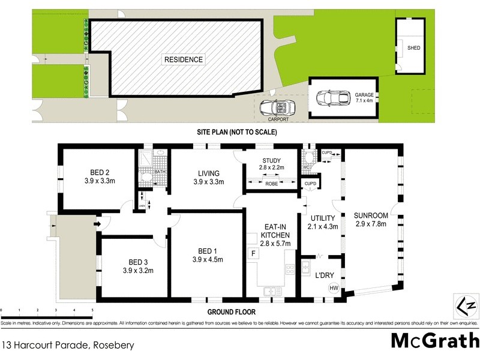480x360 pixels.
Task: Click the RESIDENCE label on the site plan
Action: pyautogui.click(x=184, y=59)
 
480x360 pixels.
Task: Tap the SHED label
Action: pyautogui.click(x=413, y=47)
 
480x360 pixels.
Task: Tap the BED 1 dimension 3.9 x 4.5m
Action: pyautogui.click(x=208, y=260)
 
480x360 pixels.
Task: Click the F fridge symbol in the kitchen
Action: pyautogui.click(x=253, y=254)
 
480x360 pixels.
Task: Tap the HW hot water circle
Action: pyautogui.click(x=333, y=288)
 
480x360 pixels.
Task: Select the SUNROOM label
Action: pyautogui.click(x=370, y=215)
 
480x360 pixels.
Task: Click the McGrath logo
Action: pyautogui.click(x=434, y=340)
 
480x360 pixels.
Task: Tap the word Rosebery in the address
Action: pyautogui.click(x=113, y=345)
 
